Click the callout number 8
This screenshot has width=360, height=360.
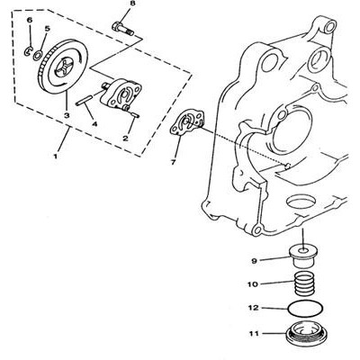pos(132,4)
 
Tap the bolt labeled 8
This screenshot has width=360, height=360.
pos(123,28)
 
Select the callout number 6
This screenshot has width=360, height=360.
pos(29,20)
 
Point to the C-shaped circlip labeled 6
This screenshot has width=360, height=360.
pos(27,51)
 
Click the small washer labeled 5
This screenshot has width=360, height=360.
pos(38,55)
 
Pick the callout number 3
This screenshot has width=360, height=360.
pos(67,115)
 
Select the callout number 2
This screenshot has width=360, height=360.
pos(125,138)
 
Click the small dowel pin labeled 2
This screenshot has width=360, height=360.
pos(134,114)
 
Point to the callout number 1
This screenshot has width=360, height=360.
pos(55,156)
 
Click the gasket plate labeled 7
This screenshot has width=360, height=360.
pos(187,122)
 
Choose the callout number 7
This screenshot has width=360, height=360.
pos(173,162)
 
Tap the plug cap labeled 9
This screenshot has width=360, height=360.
pos(302,256)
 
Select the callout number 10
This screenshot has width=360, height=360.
pos(253,283)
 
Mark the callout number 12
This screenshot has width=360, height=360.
pos(253,308)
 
